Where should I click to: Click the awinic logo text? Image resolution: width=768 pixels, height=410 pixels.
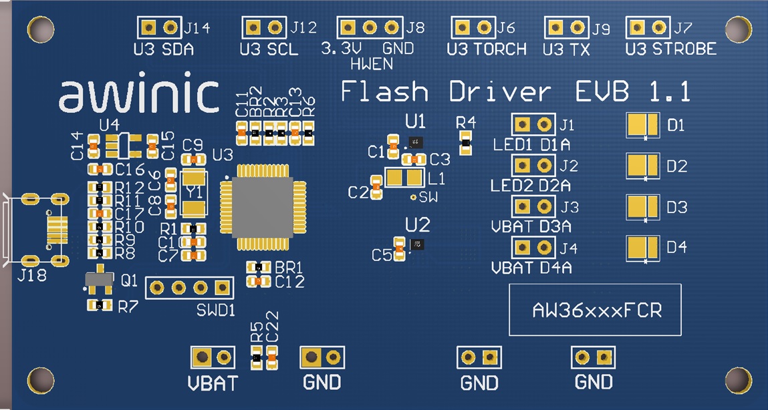[x=138, y=95]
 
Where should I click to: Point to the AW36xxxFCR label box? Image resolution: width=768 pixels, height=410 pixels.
[x=595, y=310]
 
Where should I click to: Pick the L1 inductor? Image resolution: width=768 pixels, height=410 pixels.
[x=406, y=178]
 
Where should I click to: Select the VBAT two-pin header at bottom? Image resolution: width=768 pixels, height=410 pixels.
[x=213, y=357]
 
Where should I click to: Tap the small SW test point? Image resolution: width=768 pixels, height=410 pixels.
[x=414, y=196]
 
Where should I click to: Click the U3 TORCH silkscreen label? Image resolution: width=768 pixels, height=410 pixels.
[x=487, y=49]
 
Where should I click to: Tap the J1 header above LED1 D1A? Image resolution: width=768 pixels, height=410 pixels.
[x=533, y=124]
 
